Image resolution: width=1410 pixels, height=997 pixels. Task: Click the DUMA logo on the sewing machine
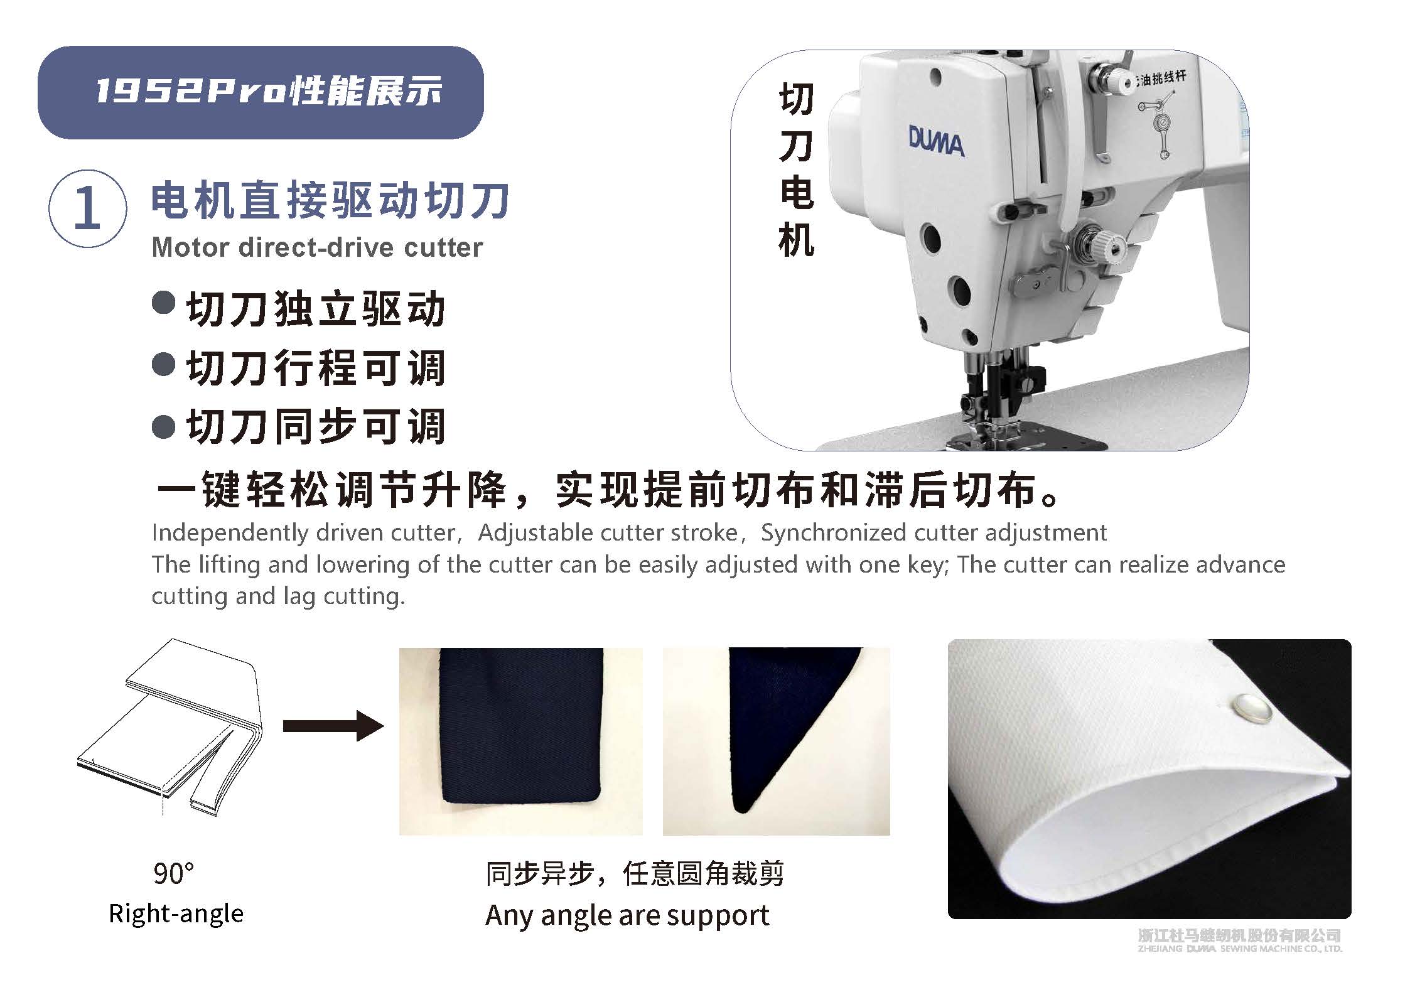pos(936,142)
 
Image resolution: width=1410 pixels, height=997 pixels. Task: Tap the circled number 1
pos(87,209)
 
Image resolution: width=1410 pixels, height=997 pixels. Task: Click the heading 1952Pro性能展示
pos(269,92)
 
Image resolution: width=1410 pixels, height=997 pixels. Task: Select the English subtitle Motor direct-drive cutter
pos(317,247)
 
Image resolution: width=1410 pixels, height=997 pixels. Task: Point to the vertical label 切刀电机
pos(796,170)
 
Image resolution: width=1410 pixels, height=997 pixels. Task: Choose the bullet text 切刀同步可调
pos(316,426)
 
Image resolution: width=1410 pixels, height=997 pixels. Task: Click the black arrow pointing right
pos(333,726)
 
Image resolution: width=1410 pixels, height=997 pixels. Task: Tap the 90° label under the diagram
pos(173,873)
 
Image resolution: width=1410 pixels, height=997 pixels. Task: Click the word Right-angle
pos(176,913)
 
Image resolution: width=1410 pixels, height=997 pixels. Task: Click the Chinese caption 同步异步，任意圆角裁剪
pos(635,873)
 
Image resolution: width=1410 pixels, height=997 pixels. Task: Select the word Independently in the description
pos(231,533)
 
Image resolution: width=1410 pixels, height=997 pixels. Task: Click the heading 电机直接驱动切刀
pos(330,201)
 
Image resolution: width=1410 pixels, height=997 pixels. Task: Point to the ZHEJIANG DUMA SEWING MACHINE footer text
pos(1239,966)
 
